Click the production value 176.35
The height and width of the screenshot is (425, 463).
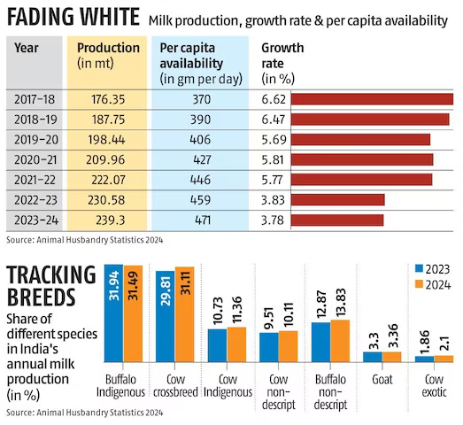[108, 98]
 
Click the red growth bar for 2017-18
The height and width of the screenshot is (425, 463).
[371, 98]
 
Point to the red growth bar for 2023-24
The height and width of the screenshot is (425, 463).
[336, 220]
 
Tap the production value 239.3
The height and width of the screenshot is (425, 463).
[108, 220]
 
